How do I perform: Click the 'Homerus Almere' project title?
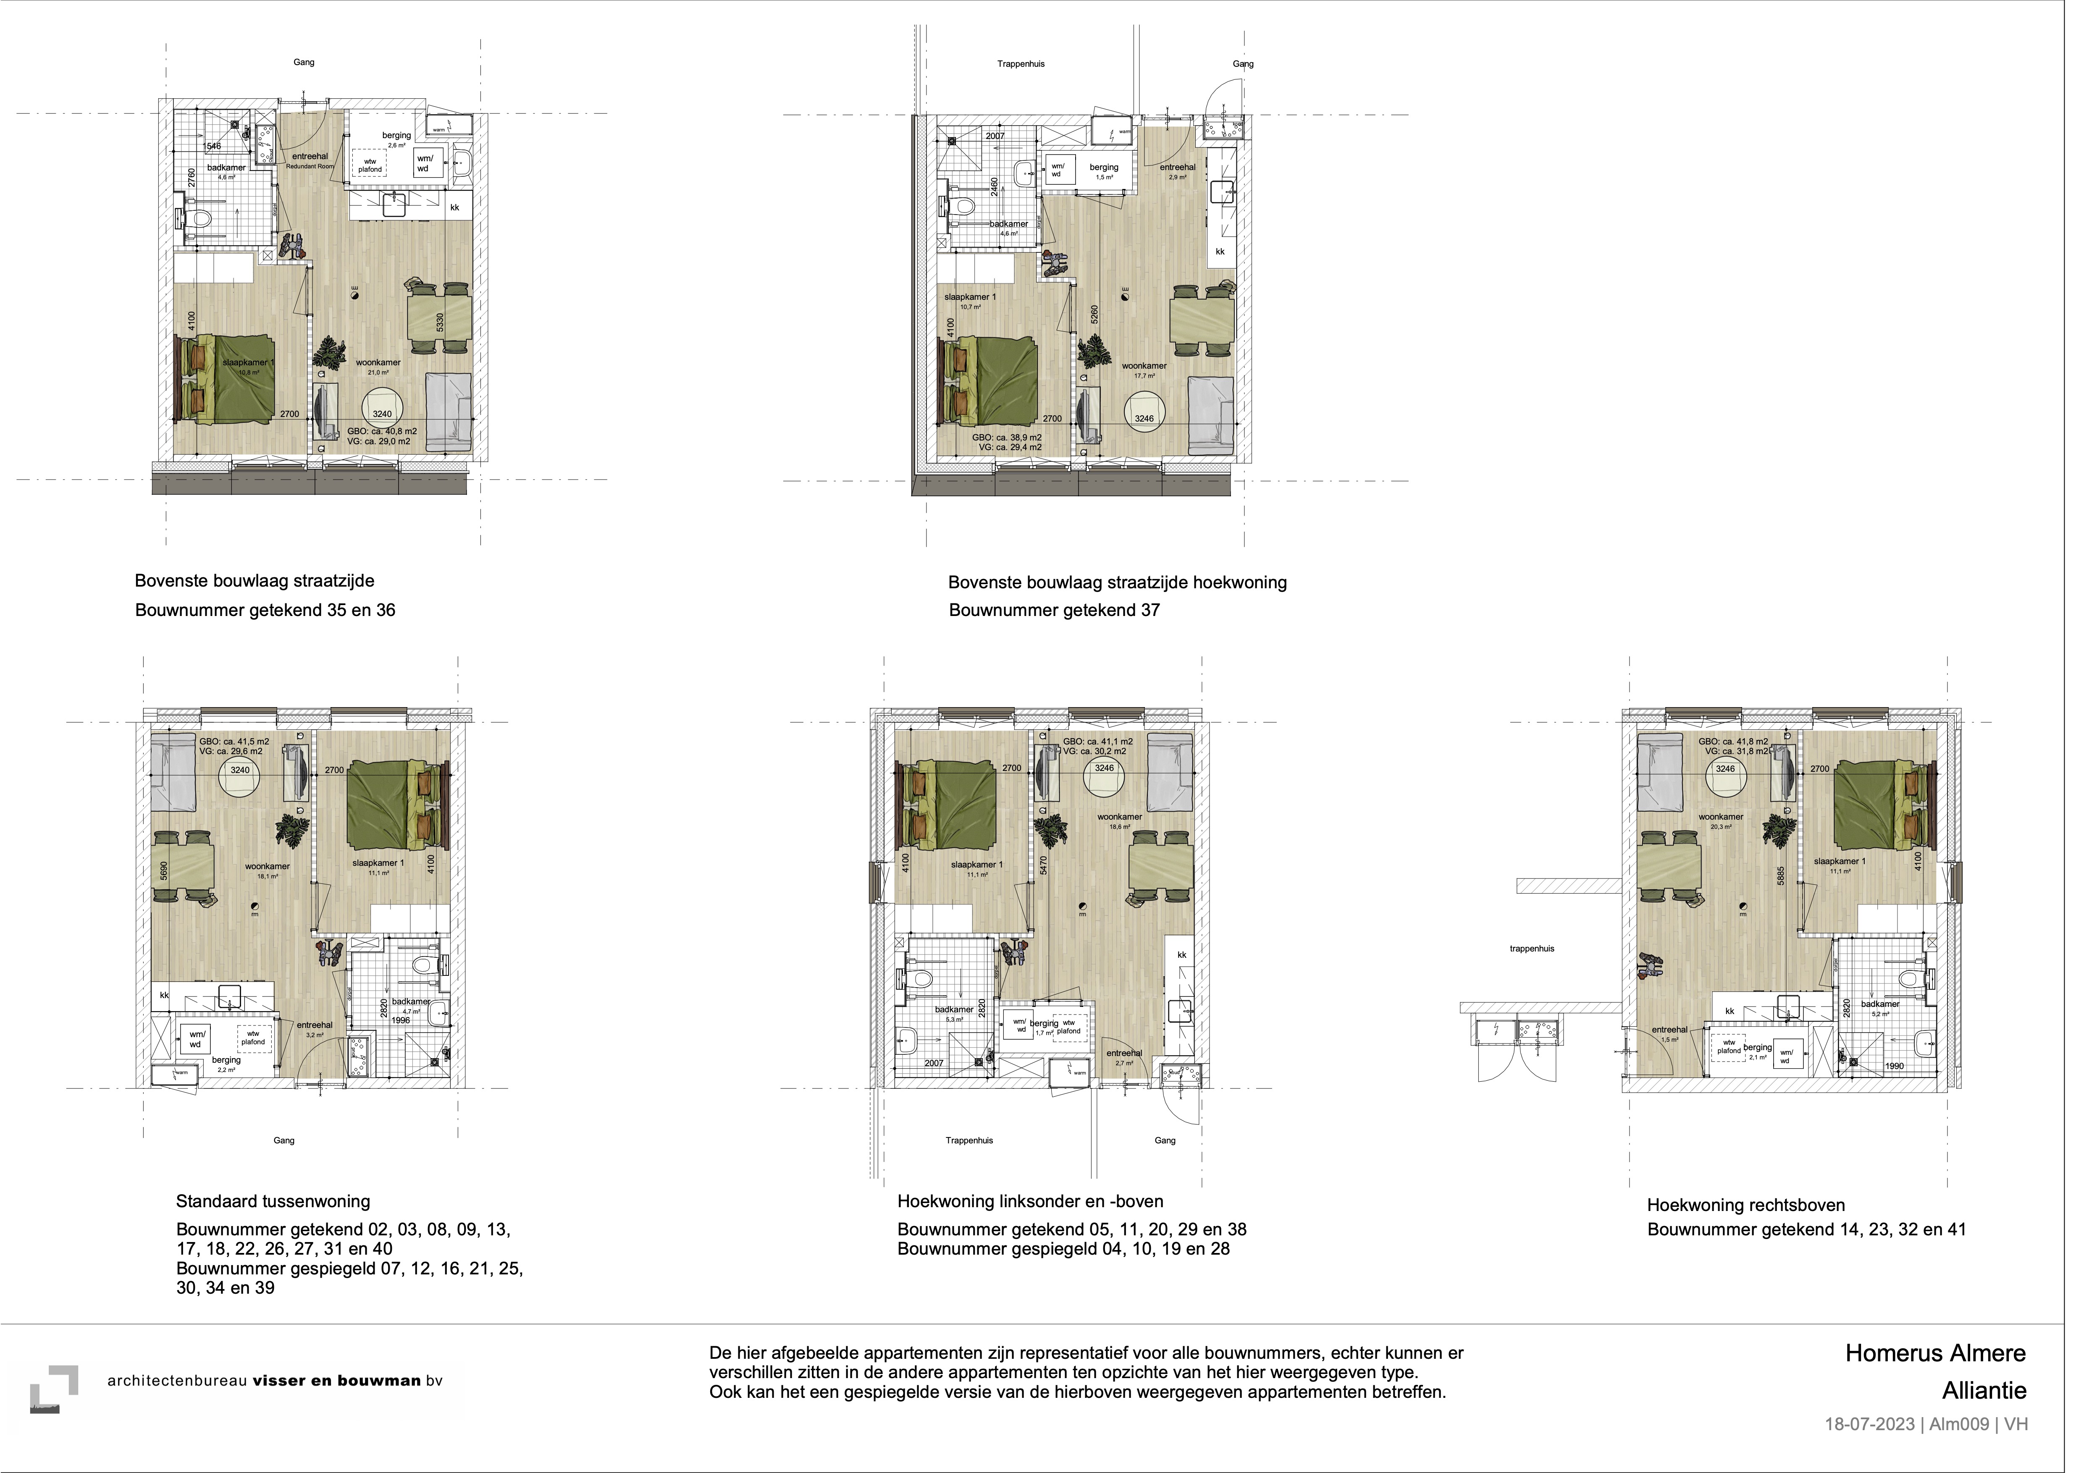click(1934, 1353)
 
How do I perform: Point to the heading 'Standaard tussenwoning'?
click(272, 1201)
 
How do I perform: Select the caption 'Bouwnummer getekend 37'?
click(1054, 610)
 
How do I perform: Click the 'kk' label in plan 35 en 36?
click(455, 207)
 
